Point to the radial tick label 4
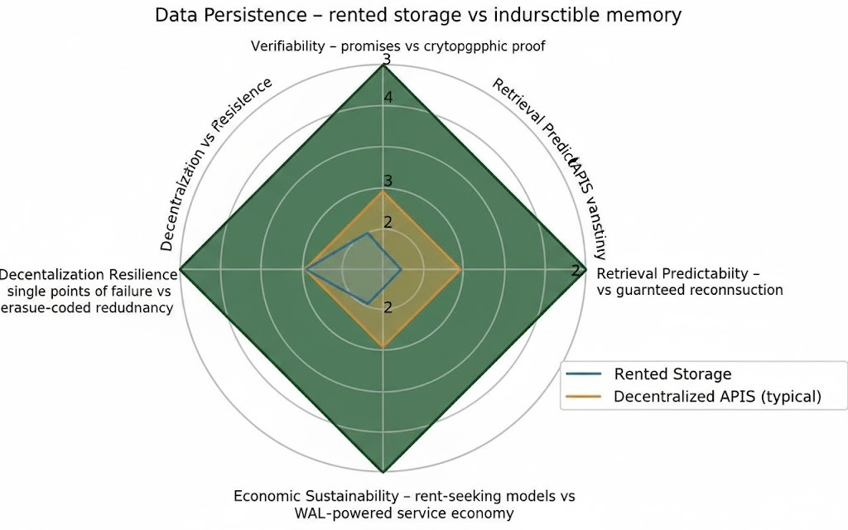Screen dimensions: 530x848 tap(386, 97)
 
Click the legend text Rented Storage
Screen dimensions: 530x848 tap(672, 374)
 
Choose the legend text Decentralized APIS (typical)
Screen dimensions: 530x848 tap(717, 397)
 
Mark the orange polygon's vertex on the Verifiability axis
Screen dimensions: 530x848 tap(383, 190)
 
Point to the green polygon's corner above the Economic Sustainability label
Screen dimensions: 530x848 tap(383, 473)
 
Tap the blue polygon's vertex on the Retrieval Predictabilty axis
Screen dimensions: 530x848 tap(402, 269)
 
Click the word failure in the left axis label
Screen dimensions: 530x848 tap(123, 291)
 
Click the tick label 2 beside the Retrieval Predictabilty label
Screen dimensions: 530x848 tap(576, 271)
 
